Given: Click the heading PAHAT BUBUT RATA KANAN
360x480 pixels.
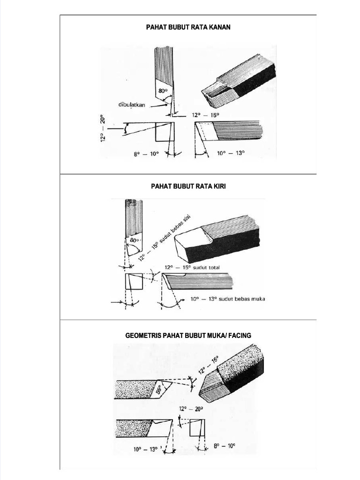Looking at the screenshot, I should coord(188,27).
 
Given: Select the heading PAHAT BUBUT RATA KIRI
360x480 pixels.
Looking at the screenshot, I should coord(188,186).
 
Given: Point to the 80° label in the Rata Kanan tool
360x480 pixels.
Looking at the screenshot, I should coord(164,91).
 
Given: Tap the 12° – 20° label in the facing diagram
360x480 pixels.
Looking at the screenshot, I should coord(191,409).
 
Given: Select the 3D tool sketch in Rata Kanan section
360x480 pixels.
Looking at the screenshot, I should coord(239,80).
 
